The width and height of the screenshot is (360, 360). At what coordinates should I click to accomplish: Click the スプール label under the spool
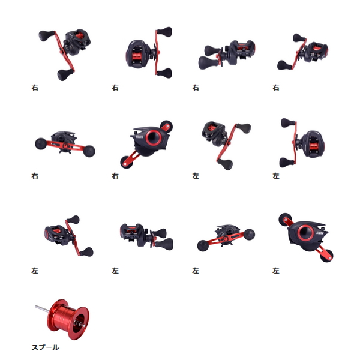pos(45,347)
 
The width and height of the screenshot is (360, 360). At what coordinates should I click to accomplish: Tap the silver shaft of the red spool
pos(40,310)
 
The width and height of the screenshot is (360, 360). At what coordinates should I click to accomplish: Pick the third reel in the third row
pos(226,236)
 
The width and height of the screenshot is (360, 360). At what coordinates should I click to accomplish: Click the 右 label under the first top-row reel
pos(35,88)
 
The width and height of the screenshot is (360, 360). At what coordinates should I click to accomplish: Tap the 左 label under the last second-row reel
pos(276,176)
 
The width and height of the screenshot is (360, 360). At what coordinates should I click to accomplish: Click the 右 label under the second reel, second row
pos(115,176)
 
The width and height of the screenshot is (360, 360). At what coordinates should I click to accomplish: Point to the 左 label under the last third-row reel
pos(276,271)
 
